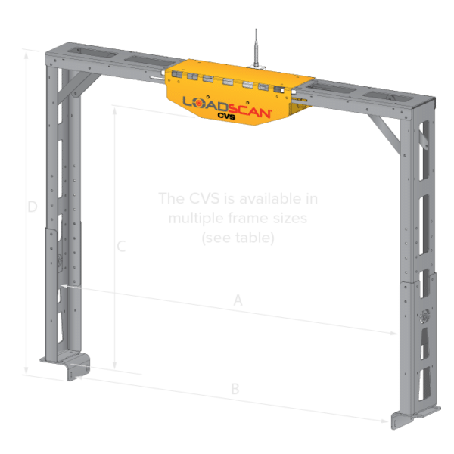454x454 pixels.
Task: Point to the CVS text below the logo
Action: pos(228,117)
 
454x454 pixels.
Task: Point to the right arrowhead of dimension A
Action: pos(395,333)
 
